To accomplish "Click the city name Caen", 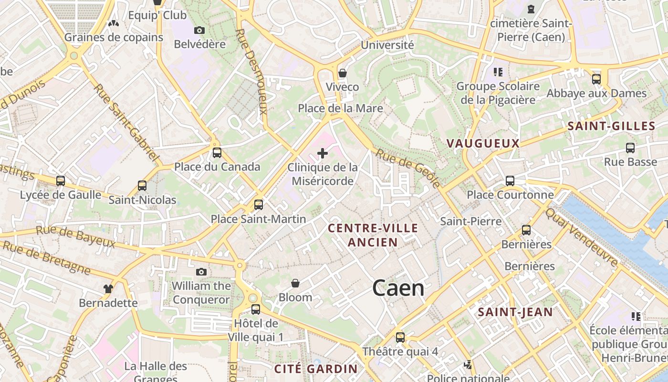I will [398, 288].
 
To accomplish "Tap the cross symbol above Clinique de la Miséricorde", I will [323, 153].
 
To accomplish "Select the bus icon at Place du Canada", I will [217, 153].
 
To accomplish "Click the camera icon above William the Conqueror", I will [201, 272].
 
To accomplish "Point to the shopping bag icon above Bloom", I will [295, 283].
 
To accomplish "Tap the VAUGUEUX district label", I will [483, 143].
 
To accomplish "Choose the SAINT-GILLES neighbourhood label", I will [611, 126].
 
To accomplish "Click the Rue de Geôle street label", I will [408, 168].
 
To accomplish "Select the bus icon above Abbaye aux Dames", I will [596, 79].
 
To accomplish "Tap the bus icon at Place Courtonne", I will [510, 181].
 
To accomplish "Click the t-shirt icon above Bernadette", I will [108, 288].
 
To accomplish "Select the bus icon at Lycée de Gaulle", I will [61, 181].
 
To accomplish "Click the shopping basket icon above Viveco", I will [342, 73].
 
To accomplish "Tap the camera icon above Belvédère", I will [199, 31].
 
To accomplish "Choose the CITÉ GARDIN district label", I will [316, 369].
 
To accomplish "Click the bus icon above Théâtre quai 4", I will [400, 338].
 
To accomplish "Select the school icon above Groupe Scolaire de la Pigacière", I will [498, 72].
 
